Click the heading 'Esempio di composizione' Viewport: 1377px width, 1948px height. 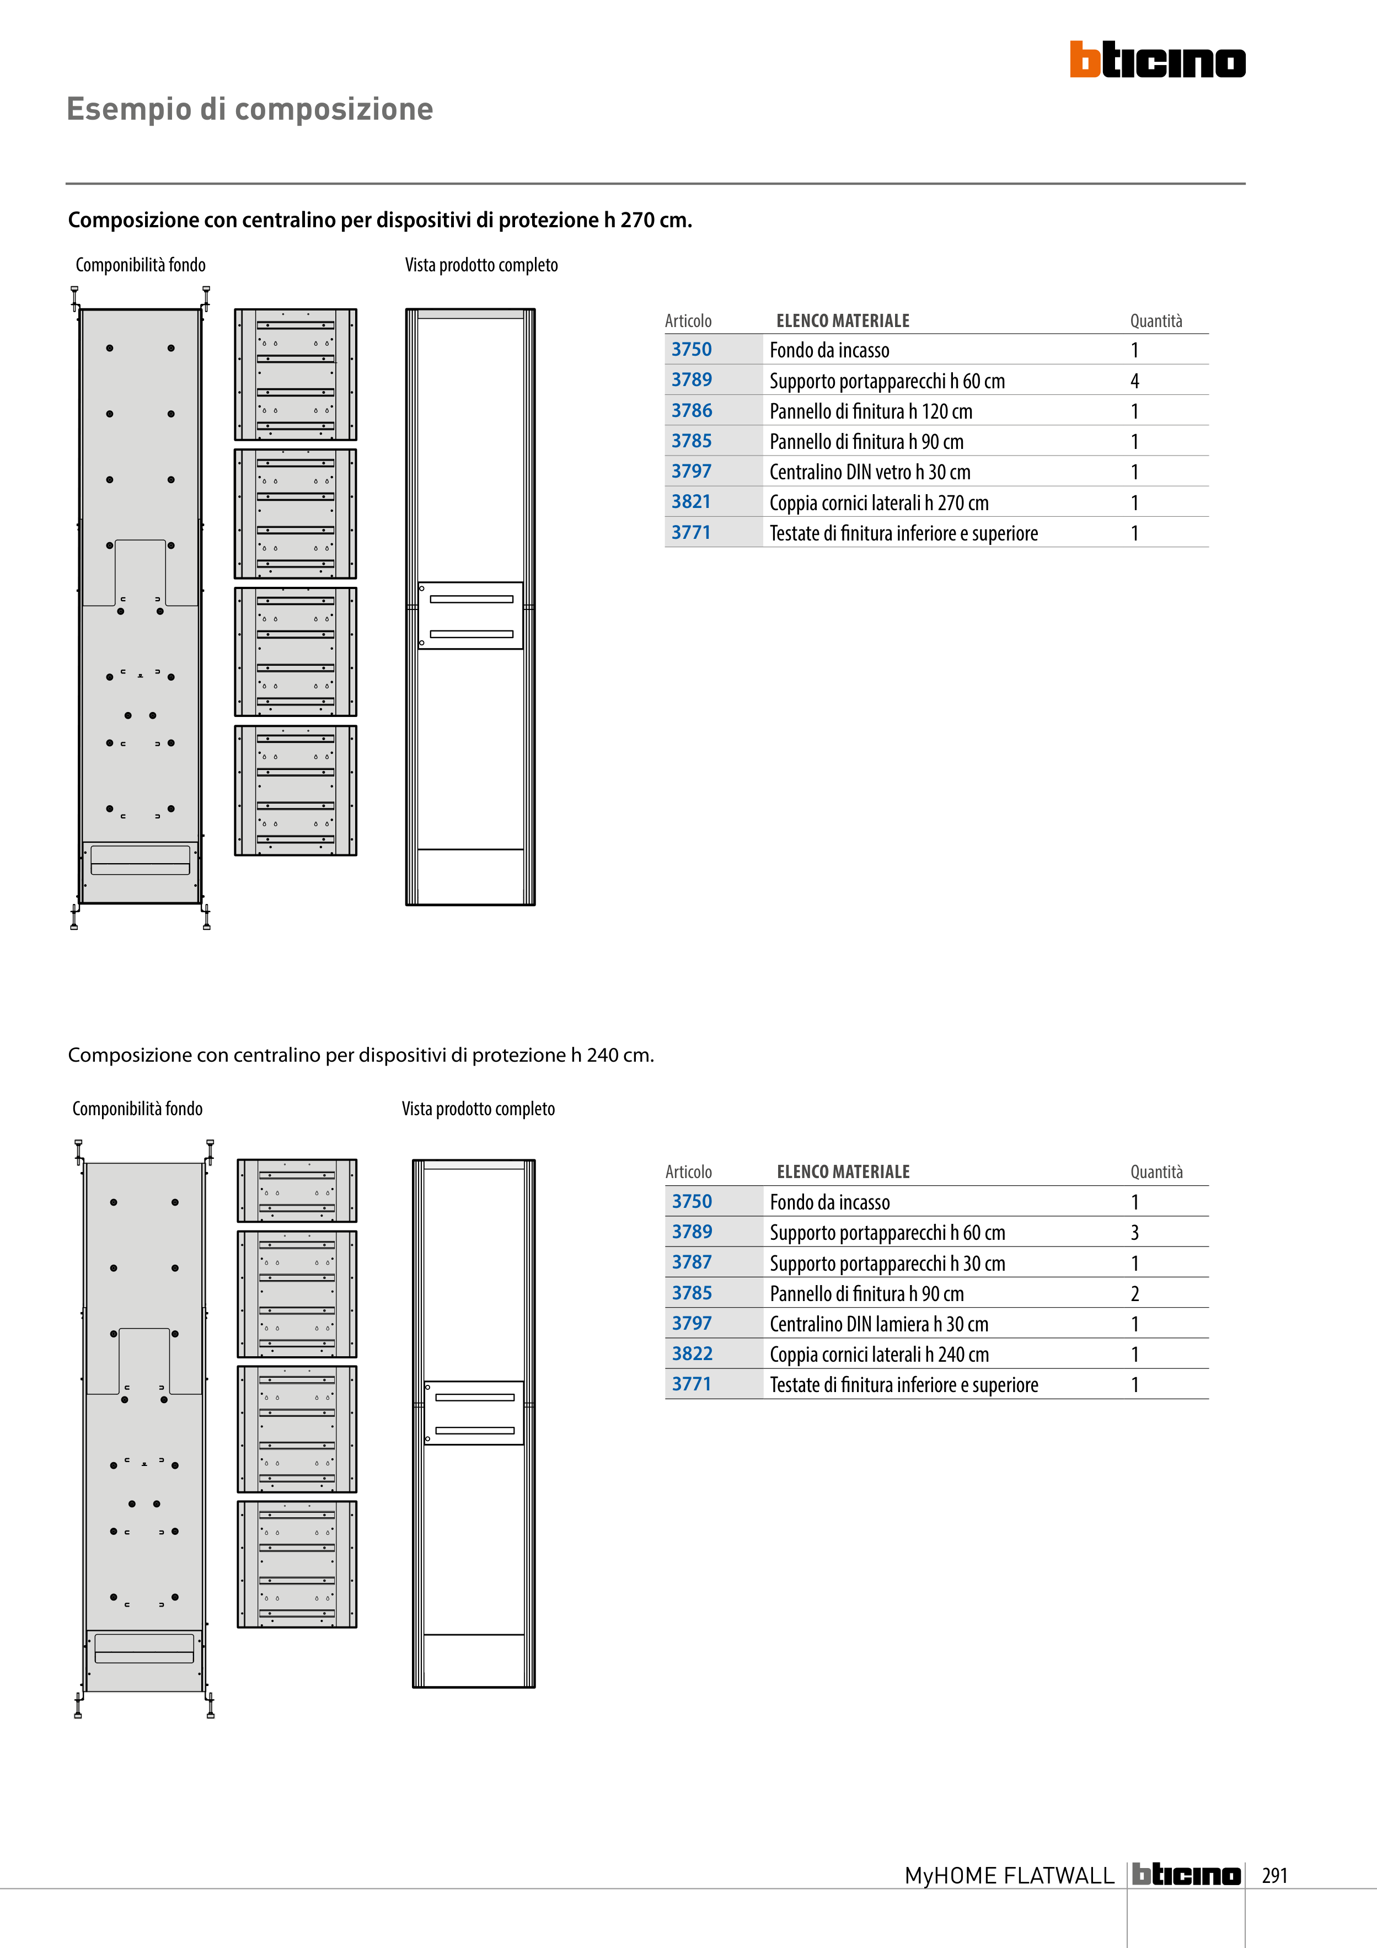pos(249,109)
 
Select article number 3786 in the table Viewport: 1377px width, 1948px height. pos(692,411)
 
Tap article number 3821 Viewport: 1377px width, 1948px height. pos(692,502)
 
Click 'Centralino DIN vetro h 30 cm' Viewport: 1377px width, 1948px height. pos(870,473)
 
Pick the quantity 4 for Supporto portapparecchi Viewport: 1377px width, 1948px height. pos(1134,381)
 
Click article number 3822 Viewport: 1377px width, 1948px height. pos(692,1354)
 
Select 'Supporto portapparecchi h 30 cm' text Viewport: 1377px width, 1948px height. pos(887,1264)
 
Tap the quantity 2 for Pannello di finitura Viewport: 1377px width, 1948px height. pos(1134,1294)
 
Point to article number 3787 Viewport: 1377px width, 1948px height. pos(692,1262)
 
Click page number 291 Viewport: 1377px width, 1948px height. pos(1274,1875)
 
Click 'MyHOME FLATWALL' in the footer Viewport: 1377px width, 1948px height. pos(1009,1875)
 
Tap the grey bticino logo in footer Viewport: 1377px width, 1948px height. pos(1186,1874)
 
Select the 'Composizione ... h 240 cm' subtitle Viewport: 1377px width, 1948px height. pos(361,1056)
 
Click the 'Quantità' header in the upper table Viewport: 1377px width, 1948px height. pos(1155,320)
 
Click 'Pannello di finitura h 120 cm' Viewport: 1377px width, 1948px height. pos(871,411)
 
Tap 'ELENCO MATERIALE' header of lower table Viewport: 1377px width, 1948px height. pos(843,1171)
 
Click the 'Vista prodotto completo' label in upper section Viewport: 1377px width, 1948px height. pos(481,265)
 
